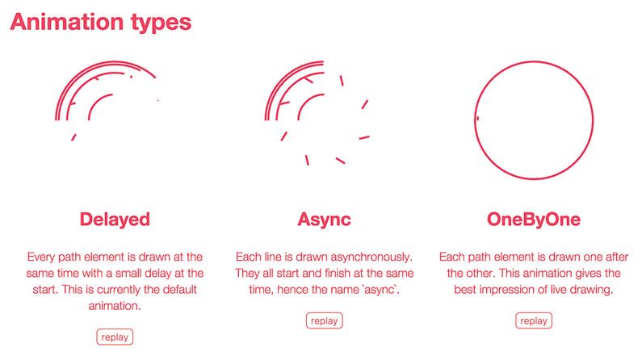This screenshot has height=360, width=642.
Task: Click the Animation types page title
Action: [x=101, y=23]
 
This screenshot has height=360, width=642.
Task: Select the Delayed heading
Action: [x=115, y=220]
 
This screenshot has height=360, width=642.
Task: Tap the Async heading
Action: [x=325, y=220]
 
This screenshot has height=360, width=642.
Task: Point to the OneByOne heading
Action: [x=534, y=220]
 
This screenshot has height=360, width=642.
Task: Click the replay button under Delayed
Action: [x=115, y=337]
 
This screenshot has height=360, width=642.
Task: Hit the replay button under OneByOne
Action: [x=534, y=320]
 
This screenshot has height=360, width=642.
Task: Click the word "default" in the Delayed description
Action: [x=180, y=289]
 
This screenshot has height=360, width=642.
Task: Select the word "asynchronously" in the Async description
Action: [x=371, y=257]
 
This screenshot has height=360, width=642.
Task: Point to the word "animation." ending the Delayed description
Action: [x=115, y=306]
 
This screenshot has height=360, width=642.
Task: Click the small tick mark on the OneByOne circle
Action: [x=478, y=118]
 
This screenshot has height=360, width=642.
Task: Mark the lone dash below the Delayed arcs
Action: [x=73, y=137]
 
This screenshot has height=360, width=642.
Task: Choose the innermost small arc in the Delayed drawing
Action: [x=96, y=103]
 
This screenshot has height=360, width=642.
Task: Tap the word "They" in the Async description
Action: [x=247, y=274]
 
